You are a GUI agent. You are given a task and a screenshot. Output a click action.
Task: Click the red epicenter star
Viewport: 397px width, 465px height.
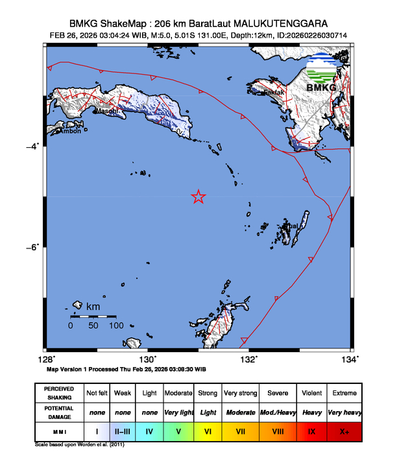(x=198, y=197)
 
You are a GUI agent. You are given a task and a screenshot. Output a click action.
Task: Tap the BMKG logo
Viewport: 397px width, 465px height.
(x=326, y=73)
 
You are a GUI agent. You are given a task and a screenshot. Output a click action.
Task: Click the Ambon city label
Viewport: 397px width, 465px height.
(x=69, y=132)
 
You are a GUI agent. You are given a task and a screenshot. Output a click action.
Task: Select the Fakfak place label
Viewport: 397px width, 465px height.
(x=274, y=93)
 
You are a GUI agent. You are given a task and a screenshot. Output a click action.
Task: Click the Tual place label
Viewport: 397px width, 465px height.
(x=293, y=226)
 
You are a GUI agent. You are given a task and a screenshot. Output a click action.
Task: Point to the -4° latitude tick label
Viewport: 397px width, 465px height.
(x=32, y=146)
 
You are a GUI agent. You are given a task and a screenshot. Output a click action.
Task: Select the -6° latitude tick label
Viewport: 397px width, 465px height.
(x=32, y=246)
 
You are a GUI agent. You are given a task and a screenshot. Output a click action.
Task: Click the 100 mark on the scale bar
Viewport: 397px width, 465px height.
(x=116, y=326)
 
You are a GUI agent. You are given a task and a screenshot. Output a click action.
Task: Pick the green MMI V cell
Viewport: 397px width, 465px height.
(x=179, y=430)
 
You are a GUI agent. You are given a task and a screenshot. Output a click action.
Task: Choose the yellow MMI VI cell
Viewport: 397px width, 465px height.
(x=208, y=430)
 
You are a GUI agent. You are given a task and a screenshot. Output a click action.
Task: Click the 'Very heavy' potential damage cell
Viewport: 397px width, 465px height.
(x=344, y=412)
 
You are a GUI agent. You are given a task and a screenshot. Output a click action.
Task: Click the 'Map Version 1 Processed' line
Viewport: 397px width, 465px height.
(x=126, y=368)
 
